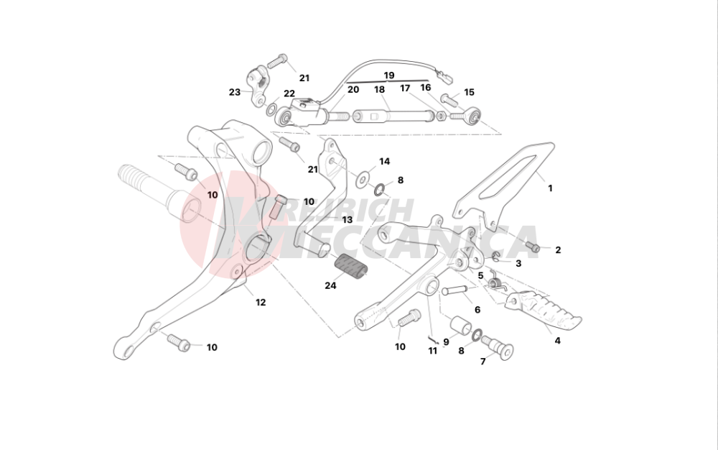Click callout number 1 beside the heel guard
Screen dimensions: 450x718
550,188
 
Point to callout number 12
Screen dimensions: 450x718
261,303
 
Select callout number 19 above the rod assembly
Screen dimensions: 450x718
388,75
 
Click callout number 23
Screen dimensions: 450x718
235,92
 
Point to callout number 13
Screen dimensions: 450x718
347,220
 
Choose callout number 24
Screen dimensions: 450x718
330,285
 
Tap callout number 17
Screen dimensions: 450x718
405,88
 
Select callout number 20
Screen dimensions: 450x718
353,90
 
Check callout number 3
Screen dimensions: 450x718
518,264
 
